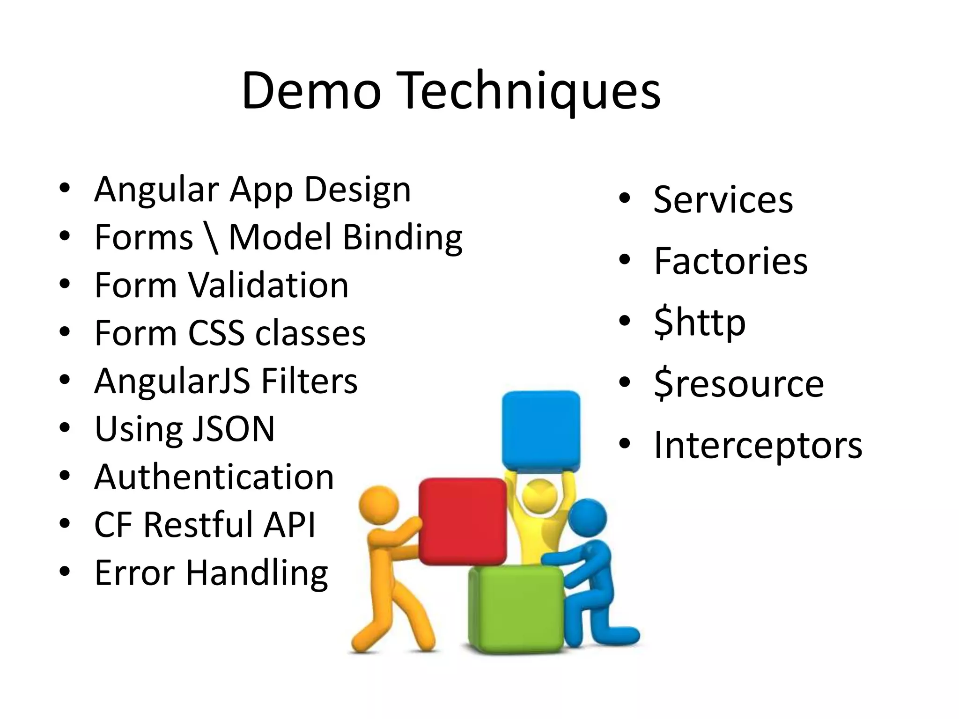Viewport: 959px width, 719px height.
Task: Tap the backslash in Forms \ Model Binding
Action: click(211, 238)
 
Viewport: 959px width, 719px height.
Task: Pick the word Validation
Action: click(268, 286)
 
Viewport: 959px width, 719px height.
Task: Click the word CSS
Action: click(216, 333)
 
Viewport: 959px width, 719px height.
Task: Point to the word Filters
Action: click(309, 381)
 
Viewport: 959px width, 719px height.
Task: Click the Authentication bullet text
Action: click(214, 477)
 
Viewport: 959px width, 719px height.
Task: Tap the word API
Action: click(289, 525)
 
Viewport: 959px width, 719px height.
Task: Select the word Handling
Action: click(257, 573)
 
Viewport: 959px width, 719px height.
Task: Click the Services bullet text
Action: click(723, 200)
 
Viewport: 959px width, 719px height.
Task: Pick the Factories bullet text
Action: click(730, 261)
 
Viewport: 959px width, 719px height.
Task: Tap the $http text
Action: click(700, 323)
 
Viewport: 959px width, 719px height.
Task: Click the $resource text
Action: click(738, 384)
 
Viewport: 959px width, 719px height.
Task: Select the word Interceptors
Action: click(758, 445)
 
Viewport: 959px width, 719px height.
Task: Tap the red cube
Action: click(462, 521)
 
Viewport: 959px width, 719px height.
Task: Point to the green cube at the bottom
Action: click(515, 609)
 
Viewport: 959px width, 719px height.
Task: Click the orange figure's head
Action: click(378, 505)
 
